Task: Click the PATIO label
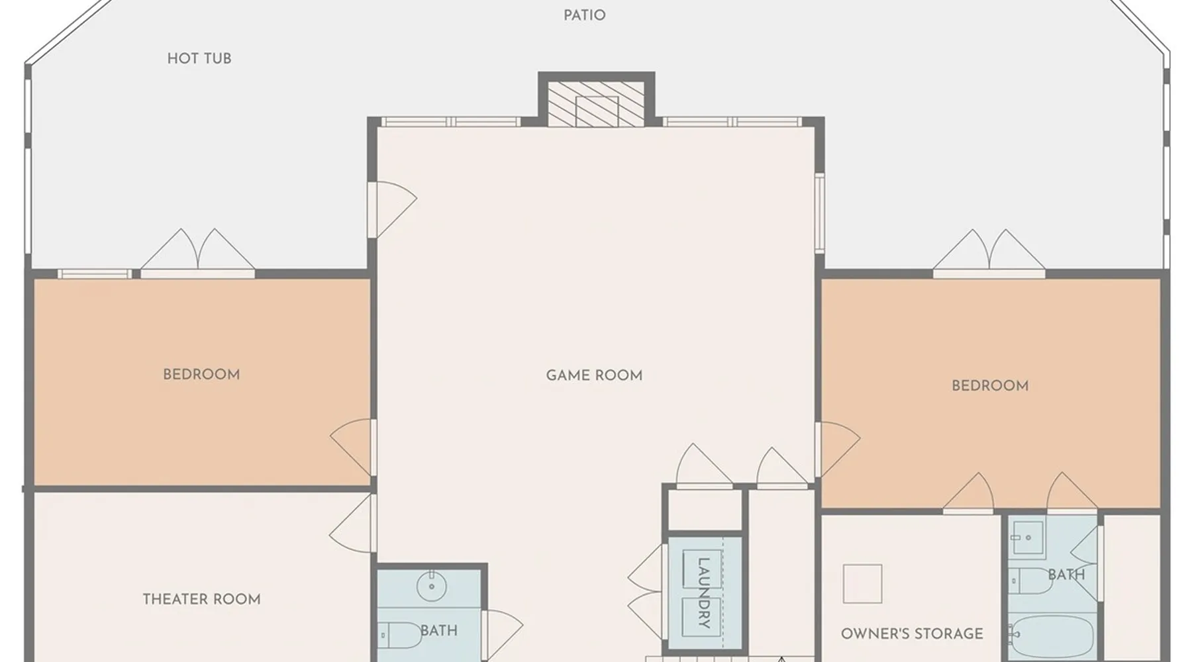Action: coord(584,15)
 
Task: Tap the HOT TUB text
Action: coord(199,58)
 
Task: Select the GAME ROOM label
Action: coord(594,375)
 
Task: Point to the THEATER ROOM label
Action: coord(202,599)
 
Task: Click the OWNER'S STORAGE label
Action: coord(912,634)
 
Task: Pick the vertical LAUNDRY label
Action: coord(703,592)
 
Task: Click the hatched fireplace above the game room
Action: coord(596,103)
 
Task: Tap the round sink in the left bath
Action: coord(432,586)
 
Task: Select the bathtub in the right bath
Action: coord(1052,638)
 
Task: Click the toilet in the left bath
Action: coord(399,636)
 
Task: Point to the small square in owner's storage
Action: coord(862,584)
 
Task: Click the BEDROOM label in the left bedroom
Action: coord(201,374)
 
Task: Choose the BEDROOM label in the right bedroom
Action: coord(990,385)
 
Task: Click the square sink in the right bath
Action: coord(1028,537)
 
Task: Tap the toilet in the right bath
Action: coord(1032,581)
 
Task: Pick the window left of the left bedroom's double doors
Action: coord(95,273)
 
